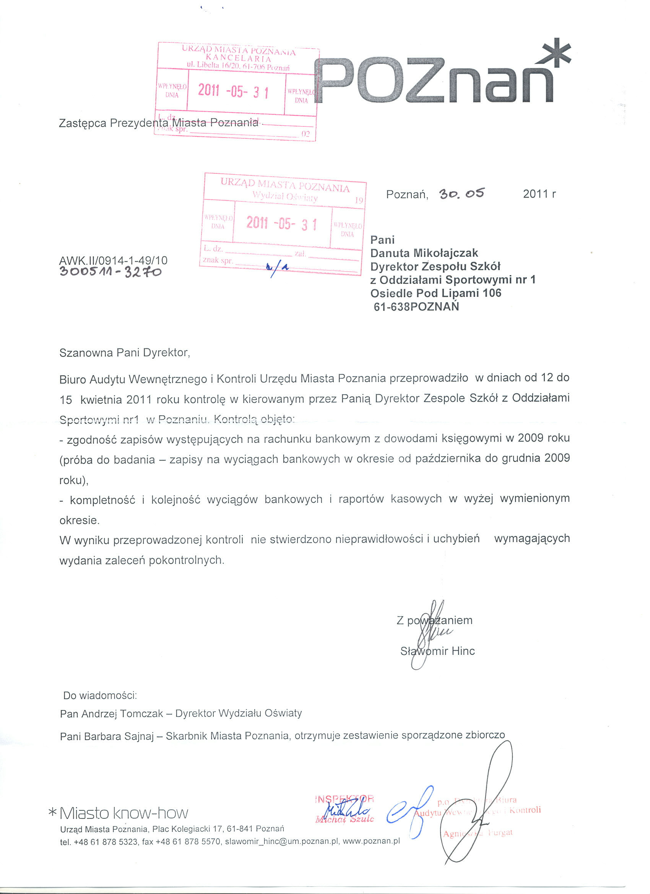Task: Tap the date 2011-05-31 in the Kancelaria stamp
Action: [x=233, y=91]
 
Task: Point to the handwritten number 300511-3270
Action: [x=110, y=272]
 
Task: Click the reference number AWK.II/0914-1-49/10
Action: [x=113, y=261]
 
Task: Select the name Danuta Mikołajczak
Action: [x=424, y=253]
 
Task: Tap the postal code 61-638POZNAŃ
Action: [x=416, y=307]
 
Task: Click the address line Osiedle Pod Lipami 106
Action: [x=436, y=293]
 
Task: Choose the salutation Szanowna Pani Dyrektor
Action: [x=125, y=352]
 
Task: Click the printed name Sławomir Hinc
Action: [x=437, y=651]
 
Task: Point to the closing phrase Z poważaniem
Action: [x=434, y=620]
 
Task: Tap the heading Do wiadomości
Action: [x=100, y=695]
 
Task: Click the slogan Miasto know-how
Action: [x=123, y=813]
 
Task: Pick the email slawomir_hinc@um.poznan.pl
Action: [x=282, y=842]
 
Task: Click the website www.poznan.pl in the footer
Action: [x=371, y=841]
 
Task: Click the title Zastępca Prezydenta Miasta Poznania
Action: [x=159, y=123]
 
